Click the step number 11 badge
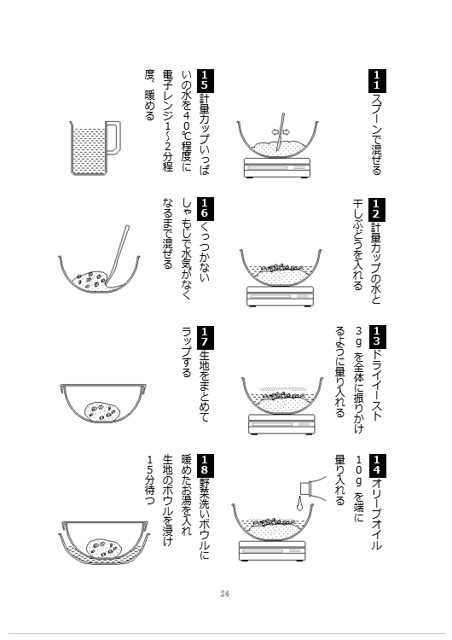point(377,80)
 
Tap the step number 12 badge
point(377,209)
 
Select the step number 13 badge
point(377,337)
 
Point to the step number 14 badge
point(377,466)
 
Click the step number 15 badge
point(205,81)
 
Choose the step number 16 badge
point(205,209)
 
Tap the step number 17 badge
point(205,338)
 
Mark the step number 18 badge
point(205,466)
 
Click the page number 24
point(224,593)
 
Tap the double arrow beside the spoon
point(281,131)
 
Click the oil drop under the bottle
point(300,504)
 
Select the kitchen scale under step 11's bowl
point(277,168)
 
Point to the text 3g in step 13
point(358,336)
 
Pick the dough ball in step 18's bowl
point(104,548)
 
